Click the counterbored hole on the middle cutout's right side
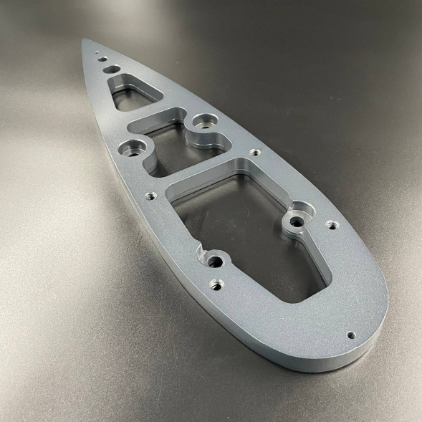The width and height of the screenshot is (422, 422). tap(206, 122)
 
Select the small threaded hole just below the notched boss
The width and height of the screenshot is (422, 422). tap(214, 284)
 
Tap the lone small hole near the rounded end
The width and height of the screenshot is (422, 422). tap(350, 334)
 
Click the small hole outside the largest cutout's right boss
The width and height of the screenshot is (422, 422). tap(331, 224)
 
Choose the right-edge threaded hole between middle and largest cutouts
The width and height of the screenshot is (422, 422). tap(252, 152)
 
